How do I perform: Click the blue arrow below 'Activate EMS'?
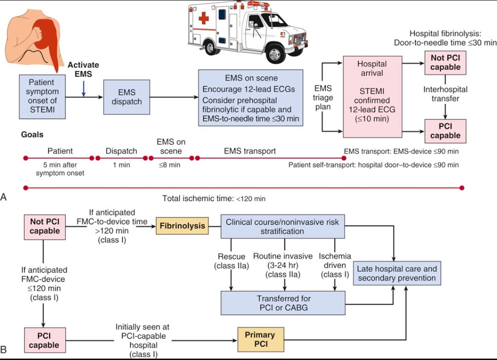[x=83, y=87]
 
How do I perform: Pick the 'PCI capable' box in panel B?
[x=45, y=340]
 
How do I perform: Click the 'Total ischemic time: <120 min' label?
[x=214, y=199]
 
